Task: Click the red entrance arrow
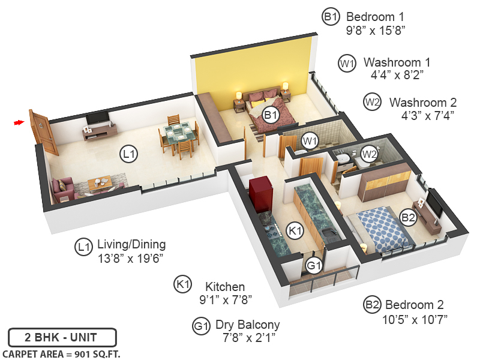pos(19,123)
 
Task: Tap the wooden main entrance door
pos(40,131)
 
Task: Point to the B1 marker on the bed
pos(271,115)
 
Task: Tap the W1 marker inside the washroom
pos(310,141)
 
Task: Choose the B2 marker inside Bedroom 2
pos(409,218)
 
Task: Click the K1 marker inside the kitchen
pos(295,229)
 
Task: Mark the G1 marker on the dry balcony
pos(313,265)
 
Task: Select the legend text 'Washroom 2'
pos(422,102)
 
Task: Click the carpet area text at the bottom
pos(61,354)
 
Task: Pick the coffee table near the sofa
pos(100,181)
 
